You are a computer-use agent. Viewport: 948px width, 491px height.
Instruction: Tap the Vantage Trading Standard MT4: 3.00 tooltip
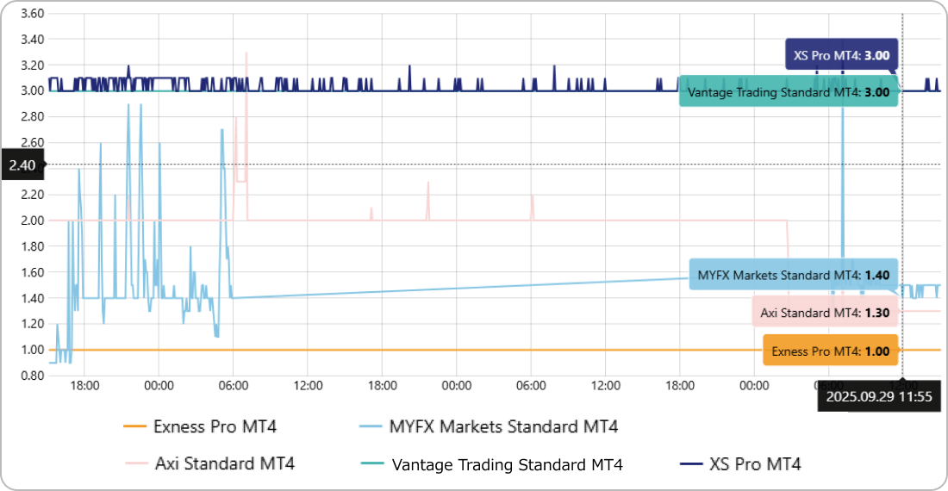click(x=788, y=91)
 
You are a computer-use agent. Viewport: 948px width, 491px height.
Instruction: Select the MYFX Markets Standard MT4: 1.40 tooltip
click(x=793, y=276)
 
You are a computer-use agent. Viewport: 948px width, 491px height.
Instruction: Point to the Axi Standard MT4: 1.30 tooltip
click(x=824, y=313)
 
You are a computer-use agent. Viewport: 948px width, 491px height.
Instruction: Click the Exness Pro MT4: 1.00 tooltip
click(x=830, y=351)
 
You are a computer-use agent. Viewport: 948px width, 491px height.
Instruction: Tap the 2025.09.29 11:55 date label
click(x=879, y=397)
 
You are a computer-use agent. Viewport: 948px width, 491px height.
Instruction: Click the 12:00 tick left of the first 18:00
click(x=308, y=385)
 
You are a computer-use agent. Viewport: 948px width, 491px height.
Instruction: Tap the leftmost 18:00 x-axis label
click(x=85, y=385)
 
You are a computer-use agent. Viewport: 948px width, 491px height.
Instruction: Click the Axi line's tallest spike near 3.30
click(x=246, y=53)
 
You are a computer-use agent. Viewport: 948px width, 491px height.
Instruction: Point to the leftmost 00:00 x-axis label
click(x=159, y=385)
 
